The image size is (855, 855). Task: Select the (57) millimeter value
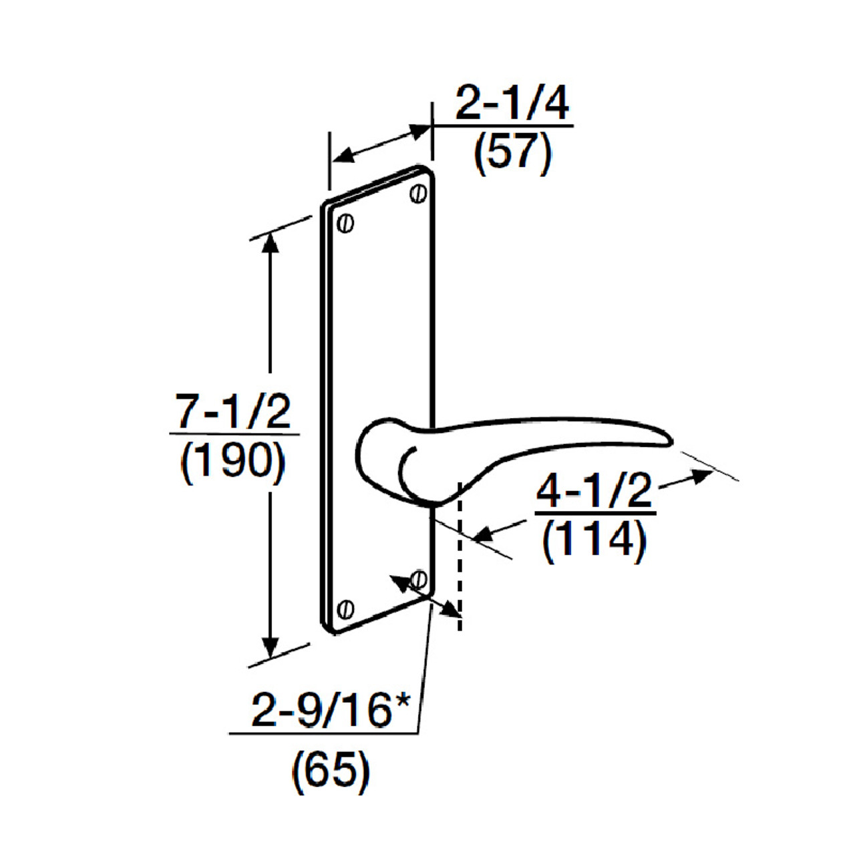[x=512, y=153]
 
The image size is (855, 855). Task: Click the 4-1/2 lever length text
[x=594, y=492]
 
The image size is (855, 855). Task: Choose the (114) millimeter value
[x=594, y=540]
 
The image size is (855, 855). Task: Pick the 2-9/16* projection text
[x=330, y=709]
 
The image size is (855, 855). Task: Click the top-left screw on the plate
[x=345, y=223]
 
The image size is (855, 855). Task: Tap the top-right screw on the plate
[x=419, y=194]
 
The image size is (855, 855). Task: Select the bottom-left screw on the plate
[x=345, y=609]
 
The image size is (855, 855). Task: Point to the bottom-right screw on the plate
[x=419, y=578]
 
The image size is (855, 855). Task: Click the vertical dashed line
[x=460, y=554]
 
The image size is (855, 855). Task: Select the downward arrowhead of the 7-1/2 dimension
[x=270, y=647]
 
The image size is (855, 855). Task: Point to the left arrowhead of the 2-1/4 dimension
[x=342, y=157]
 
